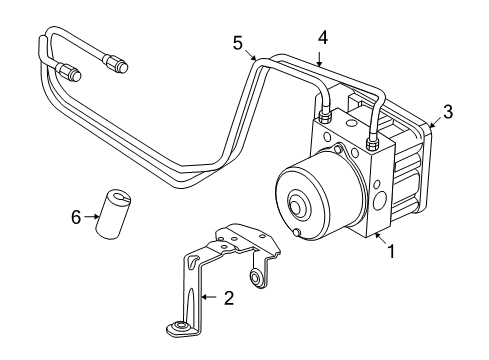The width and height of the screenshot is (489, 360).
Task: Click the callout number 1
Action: (390, 252)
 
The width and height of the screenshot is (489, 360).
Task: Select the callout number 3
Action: (447, 112)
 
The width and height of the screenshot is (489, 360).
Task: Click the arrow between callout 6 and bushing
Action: (91, 215)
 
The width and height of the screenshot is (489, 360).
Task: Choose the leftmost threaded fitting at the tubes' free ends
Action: (71, 72)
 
